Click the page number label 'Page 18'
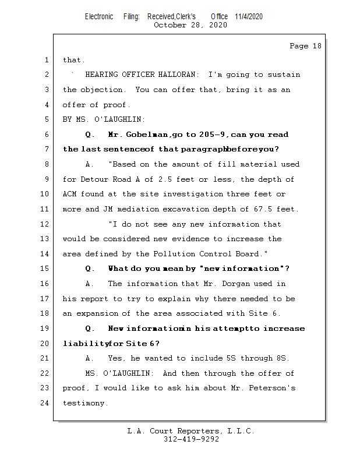305,46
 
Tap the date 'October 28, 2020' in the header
190,25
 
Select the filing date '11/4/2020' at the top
249,16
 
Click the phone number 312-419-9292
191,439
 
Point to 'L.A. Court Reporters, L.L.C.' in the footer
191,431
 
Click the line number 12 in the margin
47,224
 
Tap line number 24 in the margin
47,403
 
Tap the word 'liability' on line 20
82,344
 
